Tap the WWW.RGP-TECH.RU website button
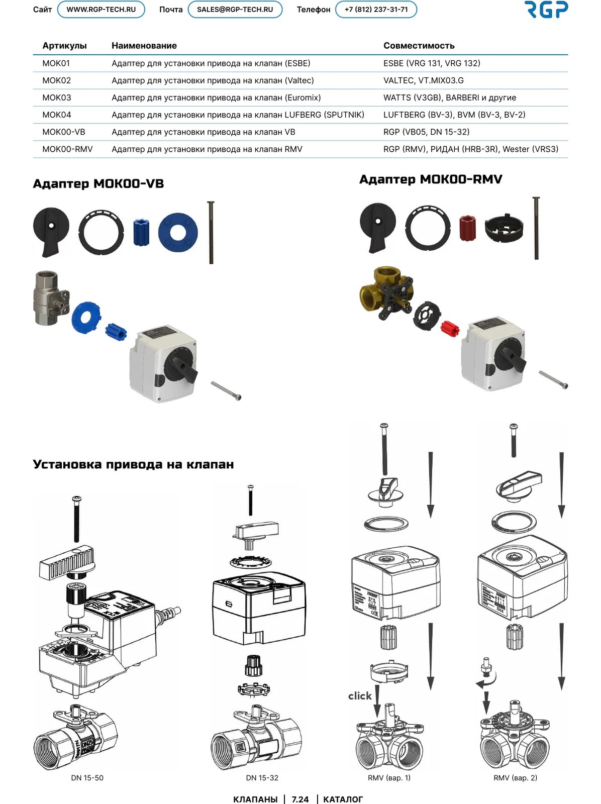tap(101, 10)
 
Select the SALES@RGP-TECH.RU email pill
tap(235, 10)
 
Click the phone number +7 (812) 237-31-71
tap(376, 10)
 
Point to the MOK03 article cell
tap(57, 98)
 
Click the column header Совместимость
tap(419, 46)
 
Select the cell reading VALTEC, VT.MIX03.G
tap(424, 80)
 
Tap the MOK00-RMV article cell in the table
tap(67, 149)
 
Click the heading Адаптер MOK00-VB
tap(98, 183)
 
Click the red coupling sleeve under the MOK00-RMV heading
tap(467, 228)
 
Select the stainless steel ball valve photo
tap(51, 297)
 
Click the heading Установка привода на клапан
tap(133, 464)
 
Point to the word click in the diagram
tap(360, 695)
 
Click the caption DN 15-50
tap(87, 778)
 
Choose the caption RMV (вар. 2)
tap(515, 778)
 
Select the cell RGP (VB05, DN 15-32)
tap(426, 132)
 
